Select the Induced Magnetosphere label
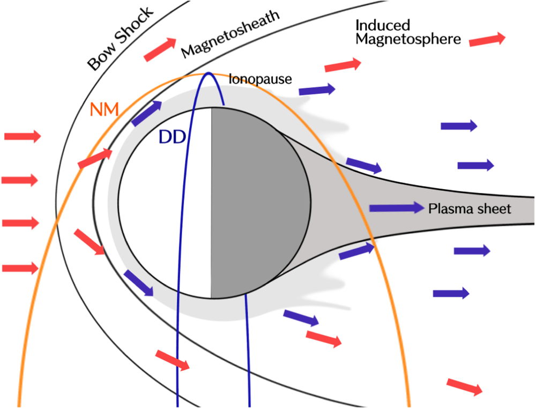[407, 32]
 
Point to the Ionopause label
[260, 79]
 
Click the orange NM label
[105, 111]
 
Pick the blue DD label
[172, 137]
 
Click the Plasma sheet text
[470, 209]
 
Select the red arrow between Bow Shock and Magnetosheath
[160, 49]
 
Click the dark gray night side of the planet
[257, 204]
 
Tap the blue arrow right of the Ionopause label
[317, 90]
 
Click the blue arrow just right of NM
[146, 113]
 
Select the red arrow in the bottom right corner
[464, 386]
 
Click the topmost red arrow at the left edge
[22, 137]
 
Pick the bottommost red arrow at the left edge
[20, 267]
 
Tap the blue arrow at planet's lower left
[139, 283]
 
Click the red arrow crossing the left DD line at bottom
[172, 360]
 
